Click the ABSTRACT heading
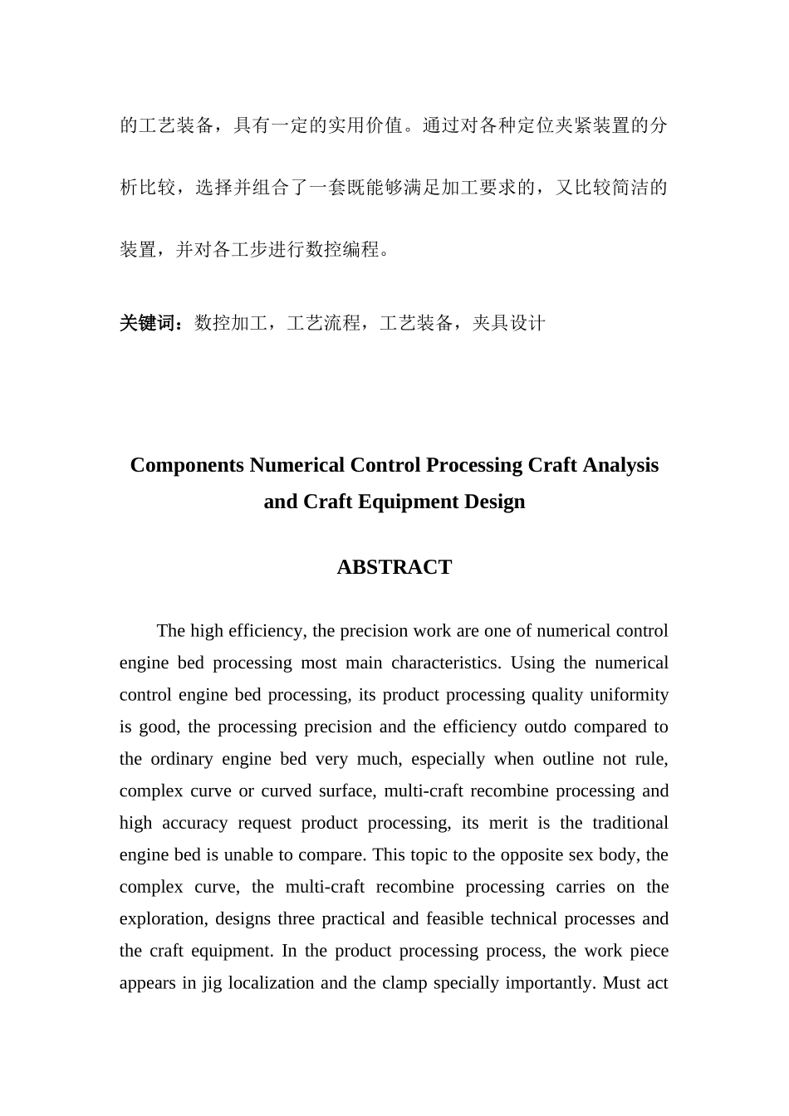click(x=394, y=567)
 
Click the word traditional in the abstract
click(x=630, y=823)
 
